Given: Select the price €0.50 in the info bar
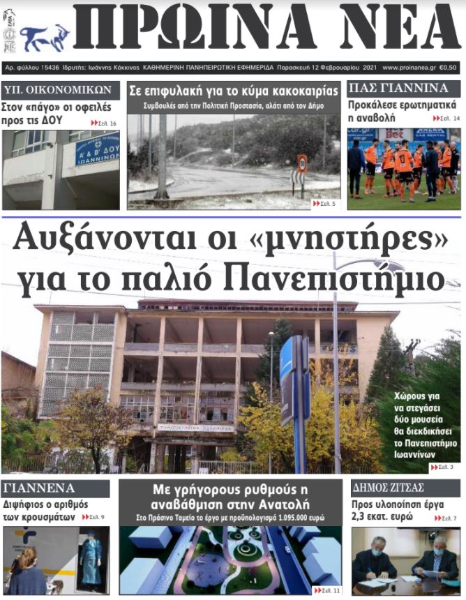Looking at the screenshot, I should pyautogui.click(x=449, y=68).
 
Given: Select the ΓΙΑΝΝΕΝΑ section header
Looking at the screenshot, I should pyautogui.click(x=39, y=488).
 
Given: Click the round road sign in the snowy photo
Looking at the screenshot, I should pyautogui.click(x=302, y=163).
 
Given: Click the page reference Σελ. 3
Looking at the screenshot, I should pyautogui.click(x=442, y=466).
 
